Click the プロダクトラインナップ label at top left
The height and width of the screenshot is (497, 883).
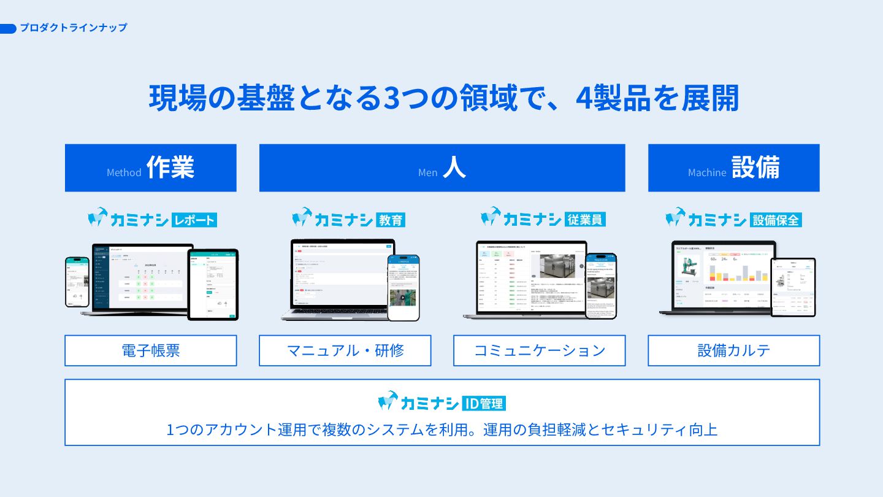[74, 28]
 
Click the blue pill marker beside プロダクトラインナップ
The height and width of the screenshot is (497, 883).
[8, 28]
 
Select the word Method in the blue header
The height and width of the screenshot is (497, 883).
[124, 172]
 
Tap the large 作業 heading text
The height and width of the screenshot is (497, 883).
[170, 167]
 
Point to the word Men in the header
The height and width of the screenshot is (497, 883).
[427, 172]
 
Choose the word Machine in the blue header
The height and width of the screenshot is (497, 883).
[706, 172]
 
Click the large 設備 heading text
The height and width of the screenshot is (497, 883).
[755, 167]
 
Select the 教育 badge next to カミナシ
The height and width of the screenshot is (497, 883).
[390, 220]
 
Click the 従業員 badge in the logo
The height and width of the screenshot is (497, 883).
[585, 219]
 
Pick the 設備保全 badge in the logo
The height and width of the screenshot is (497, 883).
[776, 219]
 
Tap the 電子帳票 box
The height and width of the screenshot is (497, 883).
[150, 350]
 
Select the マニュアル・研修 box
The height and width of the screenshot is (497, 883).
[345, 350]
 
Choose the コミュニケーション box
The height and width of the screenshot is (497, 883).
[540, 350]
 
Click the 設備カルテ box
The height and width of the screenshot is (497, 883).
[733, 350]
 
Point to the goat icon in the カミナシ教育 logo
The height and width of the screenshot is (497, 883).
[302, 217]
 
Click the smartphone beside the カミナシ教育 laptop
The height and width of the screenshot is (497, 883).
[403, 287]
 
